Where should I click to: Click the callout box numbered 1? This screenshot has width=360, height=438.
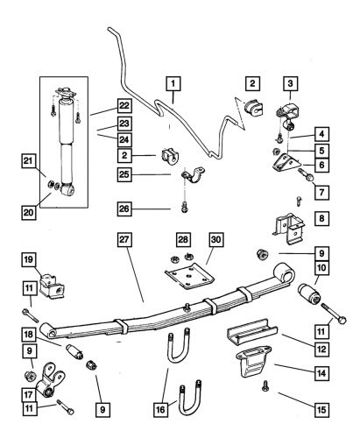tap(173, 84)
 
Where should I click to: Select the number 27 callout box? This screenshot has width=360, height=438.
tap(124, 240)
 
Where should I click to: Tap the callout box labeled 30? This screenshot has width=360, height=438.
tap(215, 240)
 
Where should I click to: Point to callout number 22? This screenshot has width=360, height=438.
tap(124, 106)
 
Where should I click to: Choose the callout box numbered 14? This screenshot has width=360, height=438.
tap(321, 373)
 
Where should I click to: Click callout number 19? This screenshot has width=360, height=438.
tap(29, 259)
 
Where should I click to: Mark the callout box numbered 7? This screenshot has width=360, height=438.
tap(321, 192)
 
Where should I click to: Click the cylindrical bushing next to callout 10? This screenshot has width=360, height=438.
tap(309, 294)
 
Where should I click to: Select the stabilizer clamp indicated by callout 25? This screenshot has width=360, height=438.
tap(193, 175)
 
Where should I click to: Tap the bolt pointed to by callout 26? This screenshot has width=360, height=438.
tap(184, 207)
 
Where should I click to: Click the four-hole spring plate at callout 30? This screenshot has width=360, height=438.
tap(189, 275)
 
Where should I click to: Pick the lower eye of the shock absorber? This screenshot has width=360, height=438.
tap(67, 189)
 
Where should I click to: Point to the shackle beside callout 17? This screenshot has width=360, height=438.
tap(50, 379)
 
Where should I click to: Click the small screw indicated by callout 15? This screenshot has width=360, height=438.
tap(265, 385)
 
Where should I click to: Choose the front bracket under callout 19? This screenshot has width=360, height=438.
tap(53, 286)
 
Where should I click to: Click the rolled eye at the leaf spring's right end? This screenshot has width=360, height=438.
tap(285, 272)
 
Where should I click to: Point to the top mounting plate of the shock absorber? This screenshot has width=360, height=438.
tap(66, 93)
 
